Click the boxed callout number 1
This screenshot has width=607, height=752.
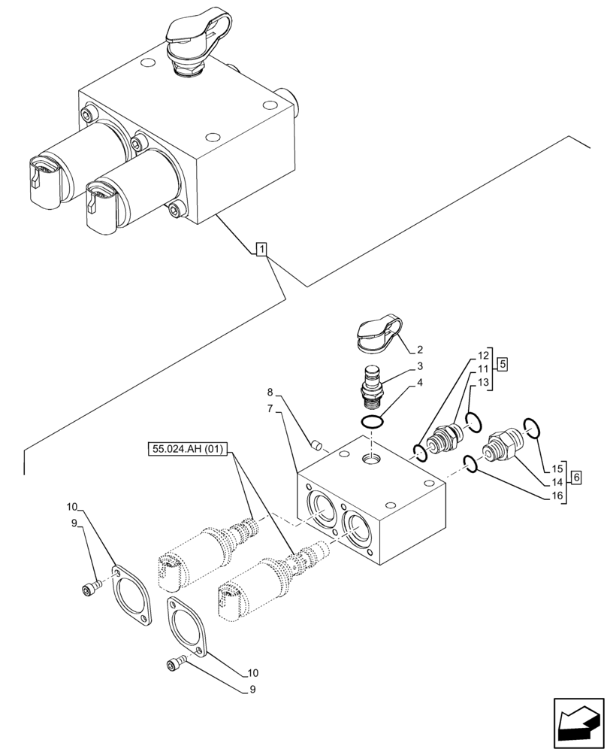tap(260, 249)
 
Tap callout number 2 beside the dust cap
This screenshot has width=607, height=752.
tap(420, 350)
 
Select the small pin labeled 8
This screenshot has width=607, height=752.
tap(317, 444)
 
